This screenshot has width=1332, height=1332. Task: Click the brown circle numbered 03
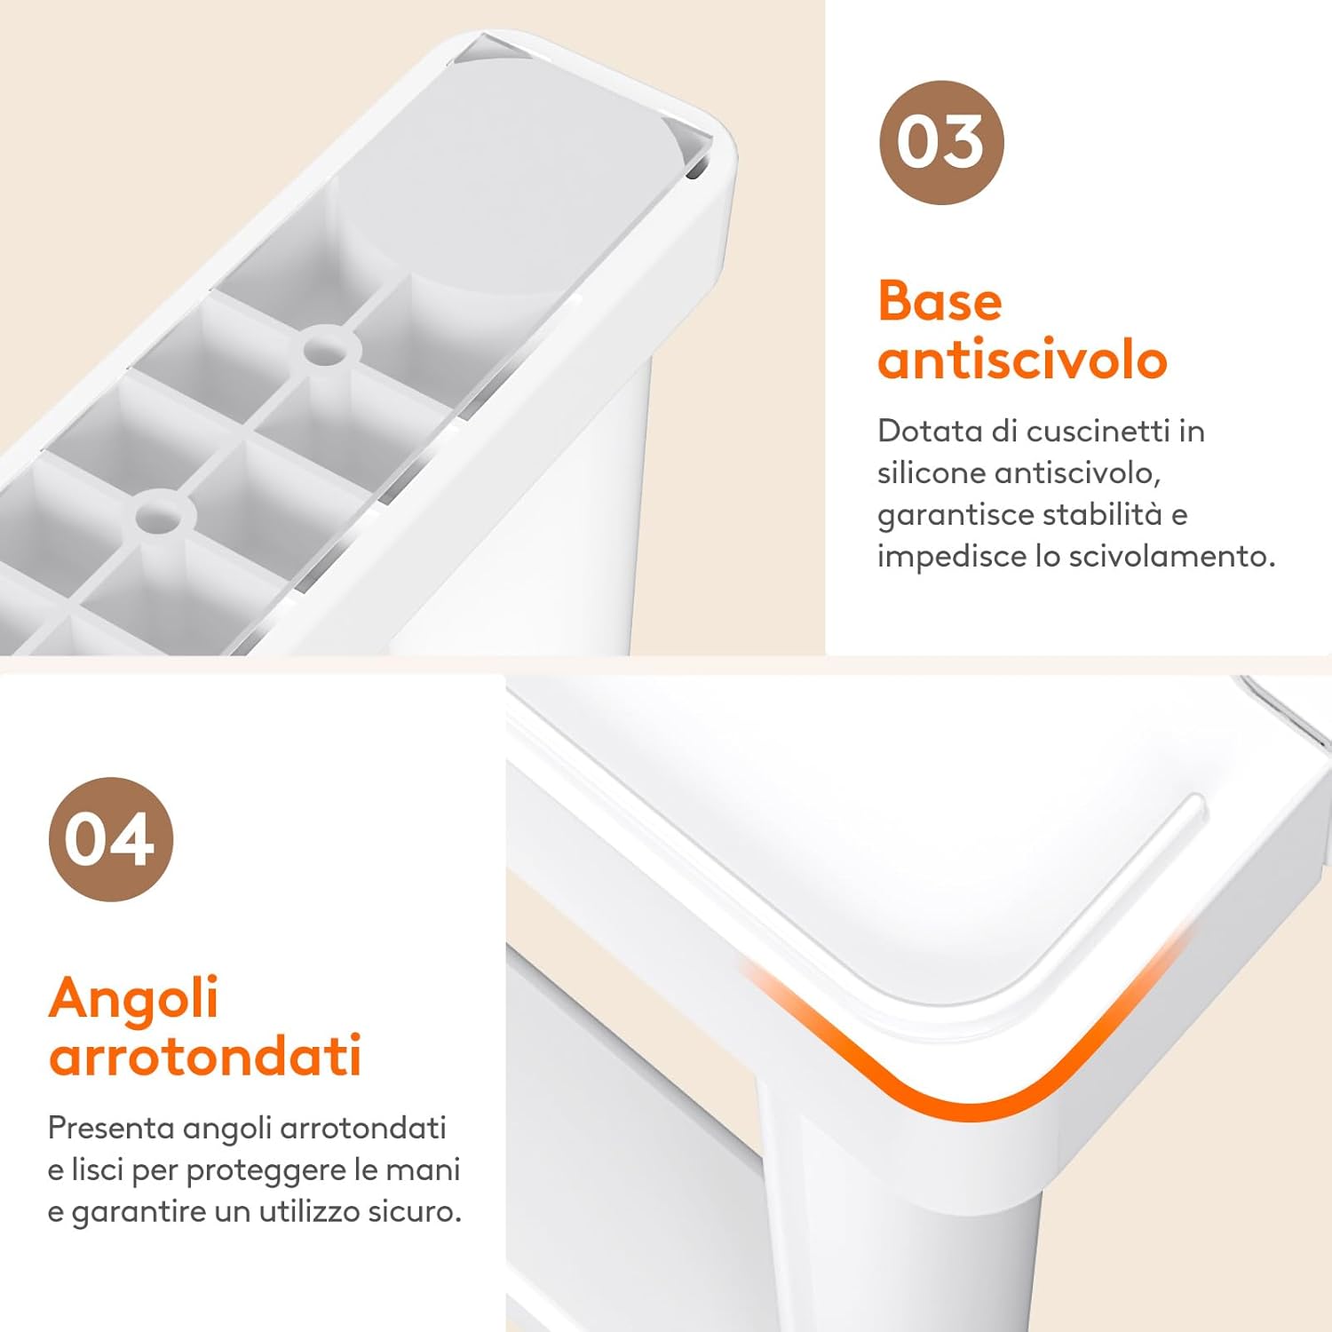tap(941, 142)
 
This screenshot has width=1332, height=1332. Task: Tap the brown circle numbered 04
tap(111, 839)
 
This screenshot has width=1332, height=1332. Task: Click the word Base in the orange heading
tap(940, 301)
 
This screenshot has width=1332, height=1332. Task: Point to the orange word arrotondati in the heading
tap(205, 1055)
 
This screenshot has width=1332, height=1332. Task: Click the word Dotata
tap(931, 431)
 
